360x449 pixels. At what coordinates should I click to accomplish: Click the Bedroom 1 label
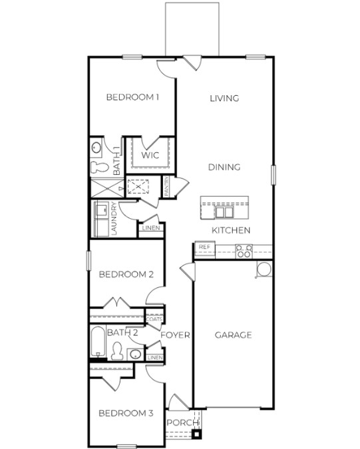pyautogui.click(x=132, y=98)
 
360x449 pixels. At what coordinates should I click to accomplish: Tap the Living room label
pyautogui.click(x=224, y=98)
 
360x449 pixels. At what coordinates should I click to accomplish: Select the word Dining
pyautogui.click(x=224, y=167)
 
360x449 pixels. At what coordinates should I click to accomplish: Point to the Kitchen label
pyautogui.click(x=231, y=230)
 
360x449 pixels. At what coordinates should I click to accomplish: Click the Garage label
pyautogui.click(x=233, y=335)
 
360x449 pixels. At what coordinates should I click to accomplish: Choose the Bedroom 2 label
pyautogui.click(x=126, y=274)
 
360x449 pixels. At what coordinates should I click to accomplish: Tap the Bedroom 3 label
pyautogui.click(x=126, y=413)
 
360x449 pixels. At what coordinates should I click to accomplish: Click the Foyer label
pyautogui.click(x=176, y=335)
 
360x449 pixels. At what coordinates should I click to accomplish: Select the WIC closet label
pyautogui.click(x=150, y=156)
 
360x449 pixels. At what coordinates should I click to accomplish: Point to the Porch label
pyautogui.click(x=182, y=423)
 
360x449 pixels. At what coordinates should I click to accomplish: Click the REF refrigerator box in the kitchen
pyautogui.click(x=203, y=247)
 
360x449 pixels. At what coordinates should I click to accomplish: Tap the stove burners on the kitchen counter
pyautogui.click(x=244, y=250)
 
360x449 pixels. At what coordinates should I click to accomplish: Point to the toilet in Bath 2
pyautogui.click(x=117, y=351)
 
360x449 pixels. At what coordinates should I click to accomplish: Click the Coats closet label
pyautogui.click(x=154, y=319)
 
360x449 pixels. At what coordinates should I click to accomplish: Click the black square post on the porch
pyautogui.click(x=196, y=435)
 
